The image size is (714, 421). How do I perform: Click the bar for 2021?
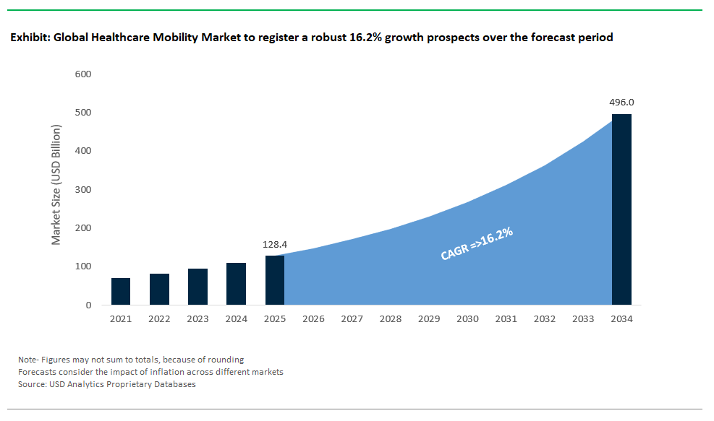point(121,292)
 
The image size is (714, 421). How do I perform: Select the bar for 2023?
point(197,287)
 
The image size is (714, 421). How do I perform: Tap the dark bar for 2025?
point(275,280)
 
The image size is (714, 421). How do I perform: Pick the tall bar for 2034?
point(621,209)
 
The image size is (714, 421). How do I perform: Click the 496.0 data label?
point(621,103)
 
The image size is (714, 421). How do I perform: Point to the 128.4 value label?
point(275,245)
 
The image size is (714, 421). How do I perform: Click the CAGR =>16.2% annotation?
point(477,243)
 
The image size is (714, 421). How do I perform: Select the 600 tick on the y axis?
point(82,74)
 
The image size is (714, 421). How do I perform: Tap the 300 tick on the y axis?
point(82,190)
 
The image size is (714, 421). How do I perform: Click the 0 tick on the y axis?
point(88,305)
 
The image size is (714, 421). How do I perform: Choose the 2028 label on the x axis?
point(391,319)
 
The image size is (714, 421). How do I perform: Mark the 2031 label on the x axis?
point(506,319)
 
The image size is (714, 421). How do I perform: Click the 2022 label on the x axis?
point(159,319)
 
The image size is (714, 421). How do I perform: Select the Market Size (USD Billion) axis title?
point(56,185)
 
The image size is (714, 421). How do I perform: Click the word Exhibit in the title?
point(30,38)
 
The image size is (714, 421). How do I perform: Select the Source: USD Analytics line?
point(107,384)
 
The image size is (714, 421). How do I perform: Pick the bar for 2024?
point(236,284)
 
